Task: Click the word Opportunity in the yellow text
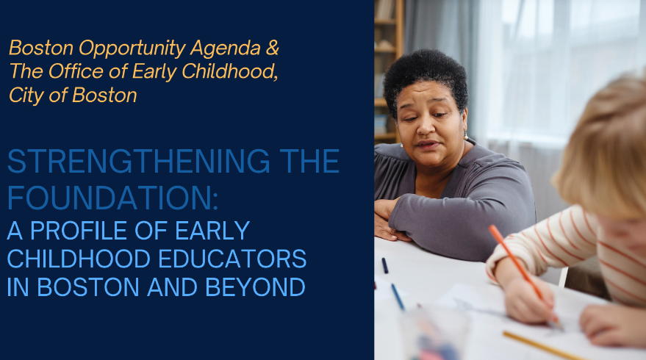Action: [x=132, y=49]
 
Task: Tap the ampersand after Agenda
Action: [x=273, y=48]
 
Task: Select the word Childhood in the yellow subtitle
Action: [x=229, y=71]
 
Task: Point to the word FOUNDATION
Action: [x=112, y=198]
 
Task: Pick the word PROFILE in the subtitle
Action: [x=79, y=231]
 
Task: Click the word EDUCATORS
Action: [x=232, y=259]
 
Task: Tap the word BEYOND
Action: [x=256, y=287]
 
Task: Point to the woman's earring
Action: [x=466, y=135]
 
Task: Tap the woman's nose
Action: [x=423, y=127]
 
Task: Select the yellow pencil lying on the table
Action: [x=543, y=346]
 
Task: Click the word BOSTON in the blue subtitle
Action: [x=88, y=287]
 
